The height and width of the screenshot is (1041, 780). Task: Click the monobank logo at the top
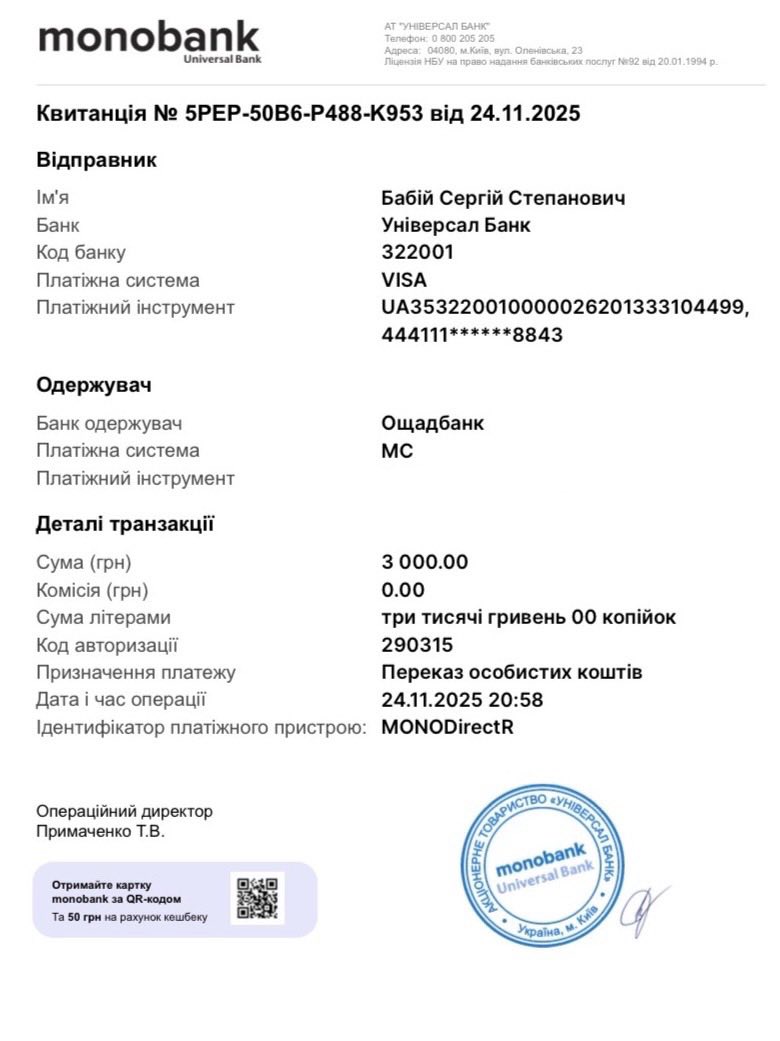coord(148,41)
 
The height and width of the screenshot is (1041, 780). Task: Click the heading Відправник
coord(96,160)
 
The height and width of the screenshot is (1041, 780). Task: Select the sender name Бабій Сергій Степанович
coord(503,198)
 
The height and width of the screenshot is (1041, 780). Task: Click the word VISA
coord(404,280)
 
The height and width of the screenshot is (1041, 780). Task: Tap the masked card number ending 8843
coord(472,335)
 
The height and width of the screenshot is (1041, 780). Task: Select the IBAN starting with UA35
coord(563,308)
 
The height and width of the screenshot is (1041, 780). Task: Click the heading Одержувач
coord(94,385)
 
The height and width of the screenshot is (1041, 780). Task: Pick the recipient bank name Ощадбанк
coord(432,423)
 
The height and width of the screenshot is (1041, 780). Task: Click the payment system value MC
coord(397,451)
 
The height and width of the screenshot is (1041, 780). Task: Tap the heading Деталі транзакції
coord(125,524)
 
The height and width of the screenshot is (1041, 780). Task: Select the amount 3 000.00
coord(424,562)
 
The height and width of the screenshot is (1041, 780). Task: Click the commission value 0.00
coord(403,590)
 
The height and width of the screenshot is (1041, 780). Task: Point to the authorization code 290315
coord(417,645)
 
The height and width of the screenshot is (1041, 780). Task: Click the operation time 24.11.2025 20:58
coord(462,700)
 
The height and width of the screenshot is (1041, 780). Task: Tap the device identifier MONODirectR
coord(447,727)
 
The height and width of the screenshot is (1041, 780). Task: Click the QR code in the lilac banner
coord(257,897)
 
